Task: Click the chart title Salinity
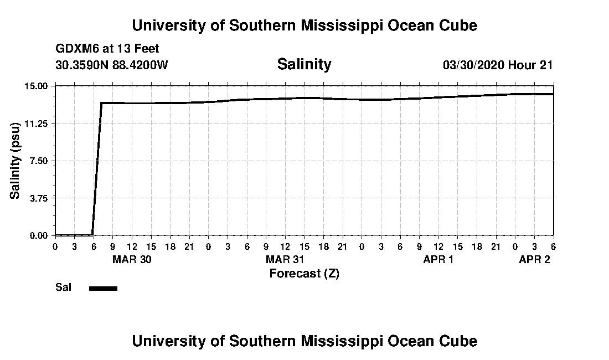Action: coord(304,64)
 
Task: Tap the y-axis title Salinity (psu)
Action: coord(16,161)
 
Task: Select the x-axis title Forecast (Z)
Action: coord(304,273)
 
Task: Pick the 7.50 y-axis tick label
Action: coord(39,161)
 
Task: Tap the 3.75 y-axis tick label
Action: coord(39,198)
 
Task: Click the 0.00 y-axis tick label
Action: coord(39,235)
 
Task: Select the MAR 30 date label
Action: coord(132,260)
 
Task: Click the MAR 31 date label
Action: coord(285,260)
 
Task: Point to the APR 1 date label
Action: coord(438,260)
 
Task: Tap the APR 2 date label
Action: coord(534,260)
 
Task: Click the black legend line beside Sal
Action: coord(103,288)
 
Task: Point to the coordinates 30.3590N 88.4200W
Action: coord(112,65)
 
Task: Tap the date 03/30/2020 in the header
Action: coord(473,65)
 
